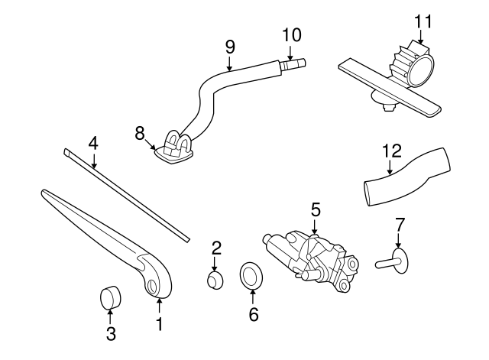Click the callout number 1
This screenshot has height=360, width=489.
(159, 324)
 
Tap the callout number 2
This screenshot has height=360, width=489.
(216, 247)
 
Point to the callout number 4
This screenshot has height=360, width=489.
(93, 142)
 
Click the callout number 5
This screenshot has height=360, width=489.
(314, 209)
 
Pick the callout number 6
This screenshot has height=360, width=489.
(254, 313)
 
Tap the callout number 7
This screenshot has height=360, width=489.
(397, 225)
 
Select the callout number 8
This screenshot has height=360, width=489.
(140, 133)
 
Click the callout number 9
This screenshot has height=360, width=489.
(229, 47)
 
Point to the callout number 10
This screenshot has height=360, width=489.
(292, 34)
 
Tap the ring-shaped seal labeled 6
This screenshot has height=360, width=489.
(250, 275)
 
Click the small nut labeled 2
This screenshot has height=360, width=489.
(216, 278)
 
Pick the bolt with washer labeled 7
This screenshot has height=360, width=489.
(394, 261)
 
